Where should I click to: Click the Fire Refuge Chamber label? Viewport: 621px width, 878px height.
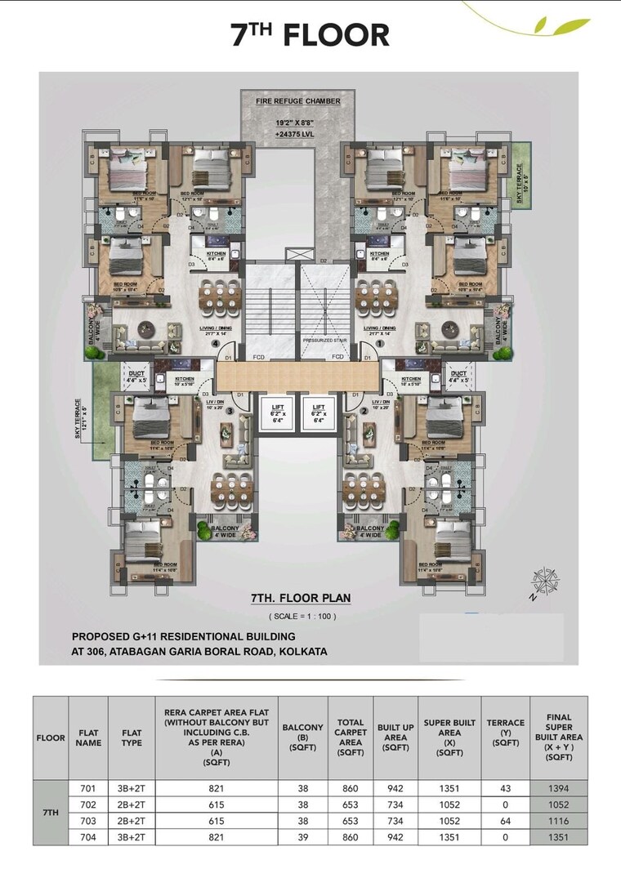coord(297,101)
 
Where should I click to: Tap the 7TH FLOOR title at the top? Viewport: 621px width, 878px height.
coord(310,35)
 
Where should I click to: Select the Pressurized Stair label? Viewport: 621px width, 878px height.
coord(326,339)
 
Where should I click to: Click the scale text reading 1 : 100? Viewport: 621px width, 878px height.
coord(302,616)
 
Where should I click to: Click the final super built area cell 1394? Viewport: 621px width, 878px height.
coord(558,789)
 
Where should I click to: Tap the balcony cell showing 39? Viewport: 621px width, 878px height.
coord(302,837)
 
